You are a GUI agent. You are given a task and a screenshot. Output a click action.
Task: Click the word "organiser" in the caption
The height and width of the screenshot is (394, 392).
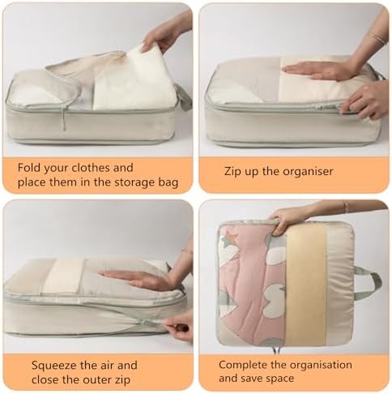point(306,172)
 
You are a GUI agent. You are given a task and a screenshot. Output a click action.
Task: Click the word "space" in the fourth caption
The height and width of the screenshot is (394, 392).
point(279,379)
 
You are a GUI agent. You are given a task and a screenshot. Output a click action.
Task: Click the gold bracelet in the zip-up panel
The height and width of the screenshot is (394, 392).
point(377,37)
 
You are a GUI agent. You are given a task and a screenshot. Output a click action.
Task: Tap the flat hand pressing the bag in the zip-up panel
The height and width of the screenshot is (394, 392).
point(317,71)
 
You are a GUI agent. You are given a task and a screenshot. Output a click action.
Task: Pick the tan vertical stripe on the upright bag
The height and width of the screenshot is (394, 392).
point(306,286)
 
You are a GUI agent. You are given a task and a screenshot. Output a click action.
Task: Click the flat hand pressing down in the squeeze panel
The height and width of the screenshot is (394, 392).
point(136,280)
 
